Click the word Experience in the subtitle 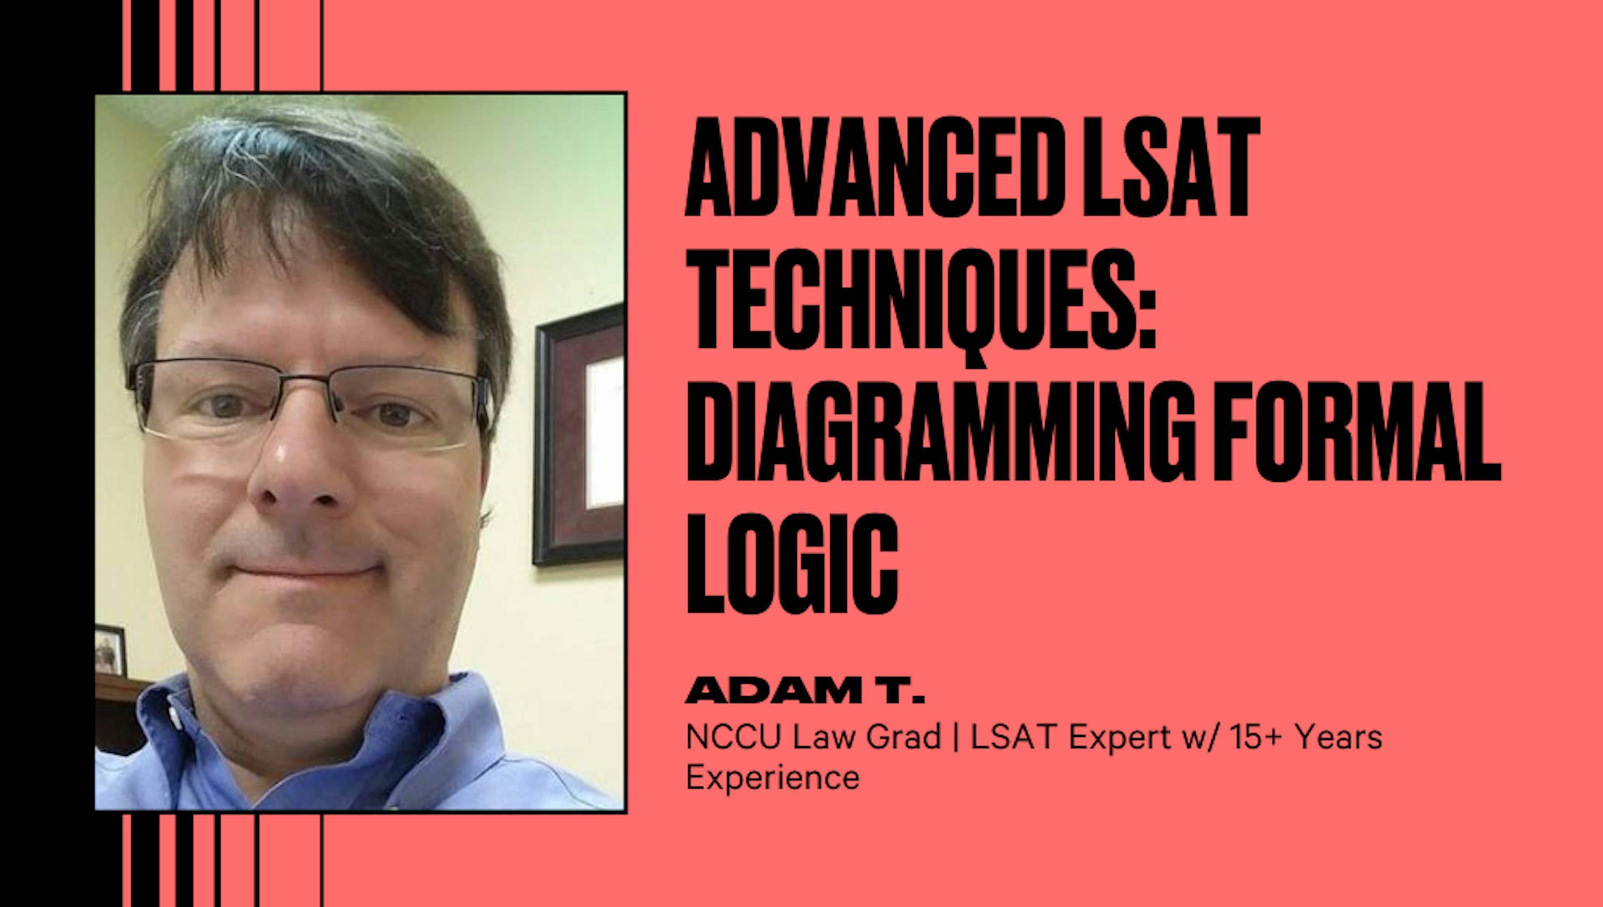(x=773, y=778)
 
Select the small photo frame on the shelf (x=110, y=651)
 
